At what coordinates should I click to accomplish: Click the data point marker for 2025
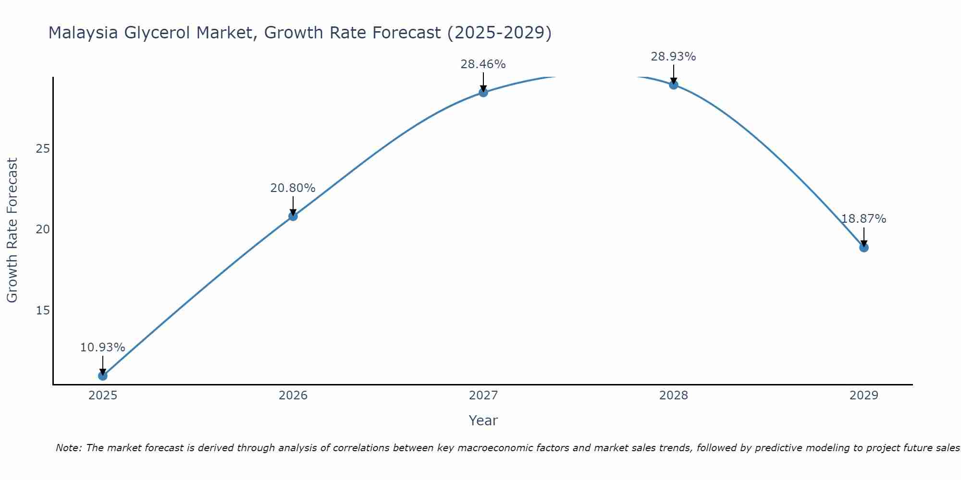point(102,375)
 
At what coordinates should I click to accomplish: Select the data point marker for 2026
point(293,216)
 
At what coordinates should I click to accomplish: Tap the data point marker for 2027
point(483,92)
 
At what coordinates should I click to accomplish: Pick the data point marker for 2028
point(673,84)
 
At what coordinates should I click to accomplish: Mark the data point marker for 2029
point(863,247)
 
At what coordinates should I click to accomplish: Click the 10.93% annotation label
point(102,348)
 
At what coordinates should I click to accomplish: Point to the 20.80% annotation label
point(293,188)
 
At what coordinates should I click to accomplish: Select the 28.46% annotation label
point(483,64)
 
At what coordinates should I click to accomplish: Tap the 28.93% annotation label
point(673,57)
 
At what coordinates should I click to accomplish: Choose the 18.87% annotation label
point(863,219)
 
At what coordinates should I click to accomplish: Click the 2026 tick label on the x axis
point(293,396)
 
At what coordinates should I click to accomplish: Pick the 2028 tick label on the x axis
point(673,396)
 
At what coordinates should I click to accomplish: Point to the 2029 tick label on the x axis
point(863,396)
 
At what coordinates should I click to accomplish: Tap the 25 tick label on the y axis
point(43,149)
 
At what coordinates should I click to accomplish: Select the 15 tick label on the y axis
point(43,311)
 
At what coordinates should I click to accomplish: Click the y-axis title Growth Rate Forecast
point(12,230)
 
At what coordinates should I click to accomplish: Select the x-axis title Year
point(483,420)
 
